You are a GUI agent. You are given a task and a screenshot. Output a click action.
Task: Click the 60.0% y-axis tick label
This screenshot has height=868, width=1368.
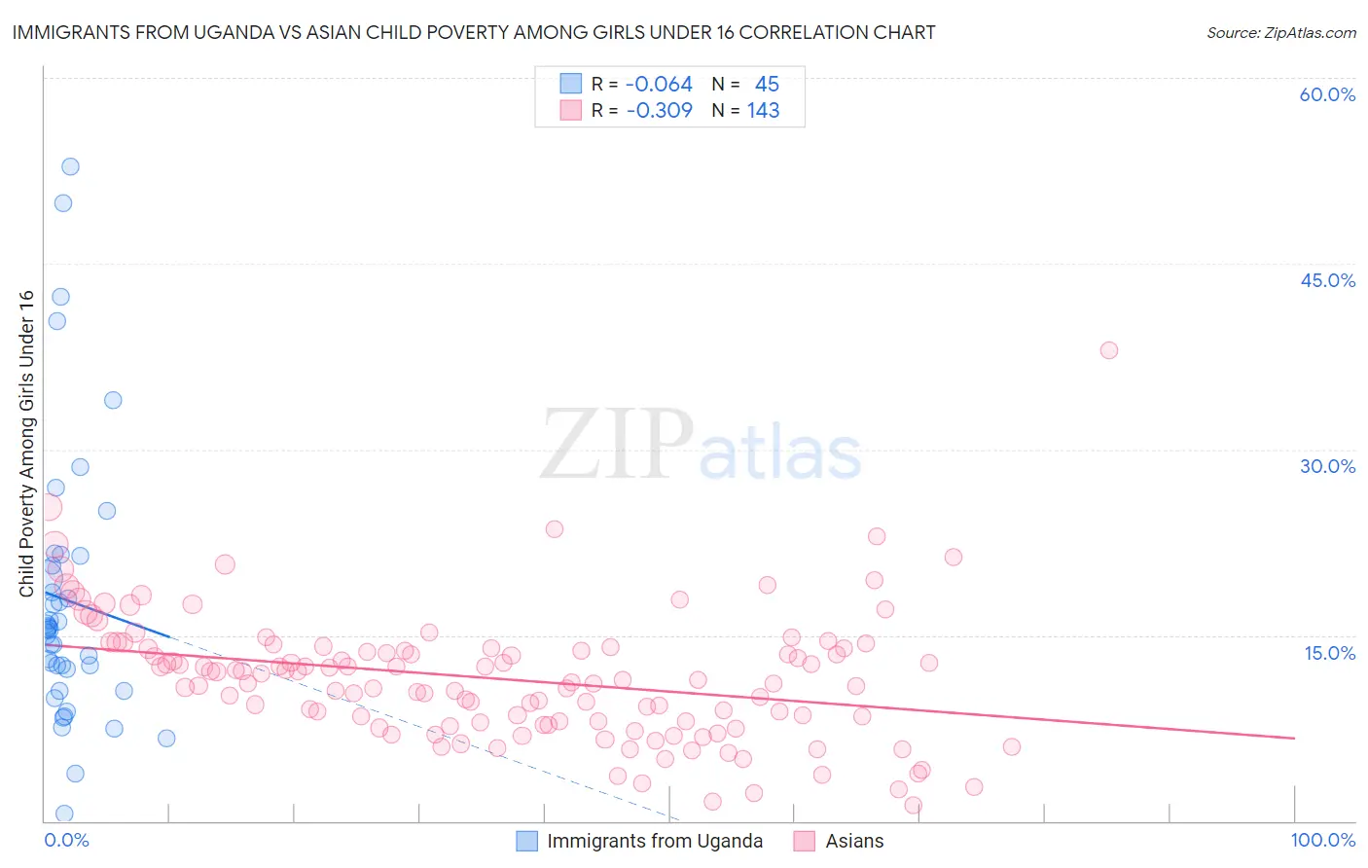tap(1327, 94)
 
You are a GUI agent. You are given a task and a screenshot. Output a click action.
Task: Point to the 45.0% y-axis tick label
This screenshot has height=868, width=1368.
tap(1327, 280)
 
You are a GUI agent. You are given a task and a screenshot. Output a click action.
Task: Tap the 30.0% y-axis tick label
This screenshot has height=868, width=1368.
tap(1327, 466)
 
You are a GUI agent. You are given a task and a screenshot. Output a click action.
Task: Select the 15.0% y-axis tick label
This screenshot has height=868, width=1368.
tap(1329, 653)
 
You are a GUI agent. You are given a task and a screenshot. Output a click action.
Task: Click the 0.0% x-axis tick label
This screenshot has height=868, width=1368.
tap(66, 840)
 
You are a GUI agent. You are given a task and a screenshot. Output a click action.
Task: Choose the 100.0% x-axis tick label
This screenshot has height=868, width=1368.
tap(1322, 840)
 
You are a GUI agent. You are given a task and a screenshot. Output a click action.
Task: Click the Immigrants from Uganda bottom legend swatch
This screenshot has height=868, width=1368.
tap(526, 841)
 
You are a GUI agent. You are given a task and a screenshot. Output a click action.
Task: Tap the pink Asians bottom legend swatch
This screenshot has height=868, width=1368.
tap(804, 841)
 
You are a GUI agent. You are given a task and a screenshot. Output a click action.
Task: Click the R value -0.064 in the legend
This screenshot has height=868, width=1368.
tap(659, 85)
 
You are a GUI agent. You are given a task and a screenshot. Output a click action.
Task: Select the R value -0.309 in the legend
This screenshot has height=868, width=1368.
tap(659, 111)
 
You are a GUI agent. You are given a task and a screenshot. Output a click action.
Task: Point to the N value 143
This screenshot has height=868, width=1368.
tap(763, 111)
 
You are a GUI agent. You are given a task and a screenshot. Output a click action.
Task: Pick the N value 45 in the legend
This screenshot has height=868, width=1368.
tap(767, 85)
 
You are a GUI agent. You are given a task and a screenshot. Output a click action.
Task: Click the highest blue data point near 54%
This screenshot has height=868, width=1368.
tap(70, 166)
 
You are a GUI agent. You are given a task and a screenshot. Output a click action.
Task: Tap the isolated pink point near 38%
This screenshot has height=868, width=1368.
tap(1108, 350)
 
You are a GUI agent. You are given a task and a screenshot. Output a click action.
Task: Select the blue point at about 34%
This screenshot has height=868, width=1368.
tap(113, 400)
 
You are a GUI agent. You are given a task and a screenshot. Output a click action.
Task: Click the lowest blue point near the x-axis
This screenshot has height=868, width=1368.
tap(64, 814)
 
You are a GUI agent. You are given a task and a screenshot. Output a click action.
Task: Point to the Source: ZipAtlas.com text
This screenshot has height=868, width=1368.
tap(1280, 32)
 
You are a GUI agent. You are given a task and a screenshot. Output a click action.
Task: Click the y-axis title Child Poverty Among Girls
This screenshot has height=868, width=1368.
tap(26, 443)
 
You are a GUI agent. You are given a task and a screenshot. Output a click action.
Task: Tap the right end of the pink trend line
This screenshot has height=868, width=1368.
tap(1294, 739)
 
